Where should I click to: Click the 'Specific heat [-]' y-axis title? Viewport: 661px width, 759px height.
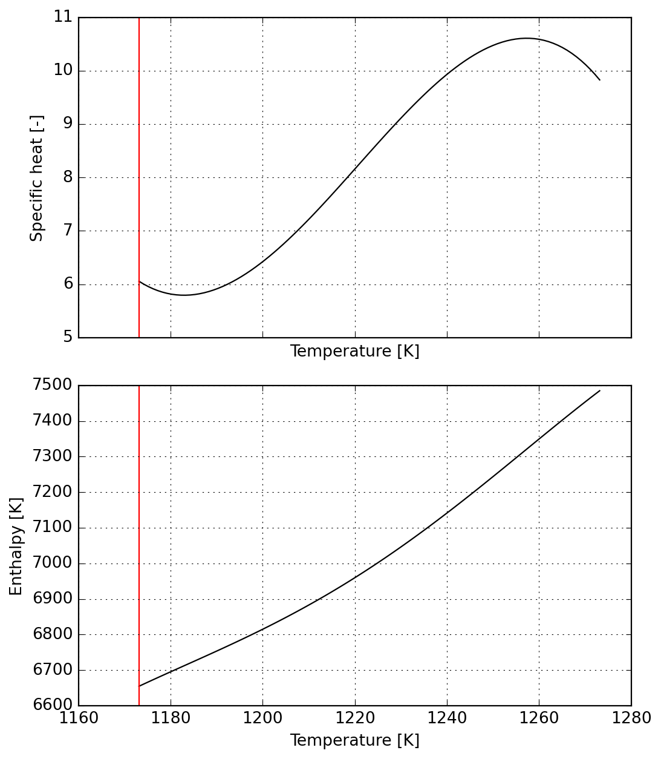tap(37, 178)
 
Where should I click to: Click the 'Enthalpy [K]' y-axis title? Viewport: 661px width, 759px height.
tap(16, 546)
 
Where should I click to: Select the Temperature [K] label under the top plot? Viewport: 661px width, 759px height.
tap(354, 352)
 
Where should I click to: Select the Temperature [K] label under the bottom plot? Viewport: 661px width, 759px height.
tap(354, 741)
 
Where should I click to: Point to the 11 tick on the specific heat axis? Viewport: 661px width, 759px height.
tap(63, 17)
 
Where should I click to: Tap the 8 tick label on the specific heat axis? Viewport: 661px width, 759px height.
tap(68, 177)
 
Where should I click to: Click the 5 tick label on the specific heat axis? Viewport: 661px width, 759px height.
tap(68, 337)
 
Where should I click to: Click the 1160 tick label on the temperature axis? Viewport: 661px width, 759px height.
tap(79, 718)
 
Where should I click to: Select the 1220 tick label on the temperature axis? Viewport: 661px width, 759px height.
tap(355, 718)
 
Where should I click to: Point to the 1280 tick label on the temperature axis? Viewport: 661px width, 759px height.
tap(631, 718)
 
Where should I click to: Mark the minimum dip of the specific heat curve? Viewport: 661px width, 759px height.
tap(184, 295)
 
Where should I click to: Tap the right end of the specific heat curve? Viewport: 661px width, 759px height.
tap(599, 80)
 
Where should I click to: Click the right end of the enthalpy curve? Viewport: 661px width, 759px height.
tap(599, 390)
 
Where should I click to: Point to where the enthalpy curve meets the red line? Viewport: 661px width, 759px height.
tap(139, 686)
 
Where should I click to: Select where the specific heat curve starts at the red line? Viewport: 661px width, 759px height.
tap(139, 281)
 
